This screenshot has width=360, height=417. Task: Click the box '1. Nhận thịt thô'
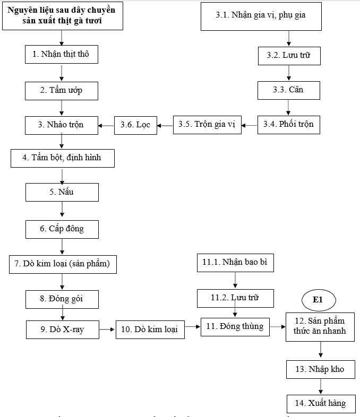(62, 55)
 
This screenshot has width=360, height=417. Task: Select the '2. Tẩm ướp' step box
(62, 90)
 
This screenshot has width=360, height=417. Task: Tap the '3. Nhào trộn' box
(62, 125)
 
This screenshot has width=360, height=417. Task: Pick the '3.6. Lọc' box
(136, 125)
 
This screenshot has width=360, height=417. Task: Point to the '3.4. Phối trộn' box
(289, 125)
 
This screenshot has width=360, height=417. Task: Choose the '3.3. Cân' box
(289, 90)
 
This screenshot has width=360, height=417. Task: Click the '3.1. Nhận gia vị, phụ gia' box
(261, 15)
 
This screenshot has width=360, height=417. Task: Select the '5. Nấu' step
(62, 192)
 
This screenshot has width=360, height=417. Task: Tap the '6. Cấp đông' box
(62, 229)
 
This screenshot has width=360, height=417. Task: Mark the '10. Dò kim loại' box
(150, 329)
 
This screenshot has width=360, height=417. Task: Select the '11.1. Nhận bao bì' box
(235, 262)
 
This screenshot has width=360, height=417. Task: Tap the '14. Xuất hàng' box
(320, 403)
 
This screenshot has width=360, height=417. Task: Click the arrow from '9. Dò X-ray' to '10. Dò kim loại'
(106, 329)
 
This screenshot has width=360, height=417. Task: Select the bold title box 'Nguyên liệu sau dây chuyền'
(62, 16)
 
